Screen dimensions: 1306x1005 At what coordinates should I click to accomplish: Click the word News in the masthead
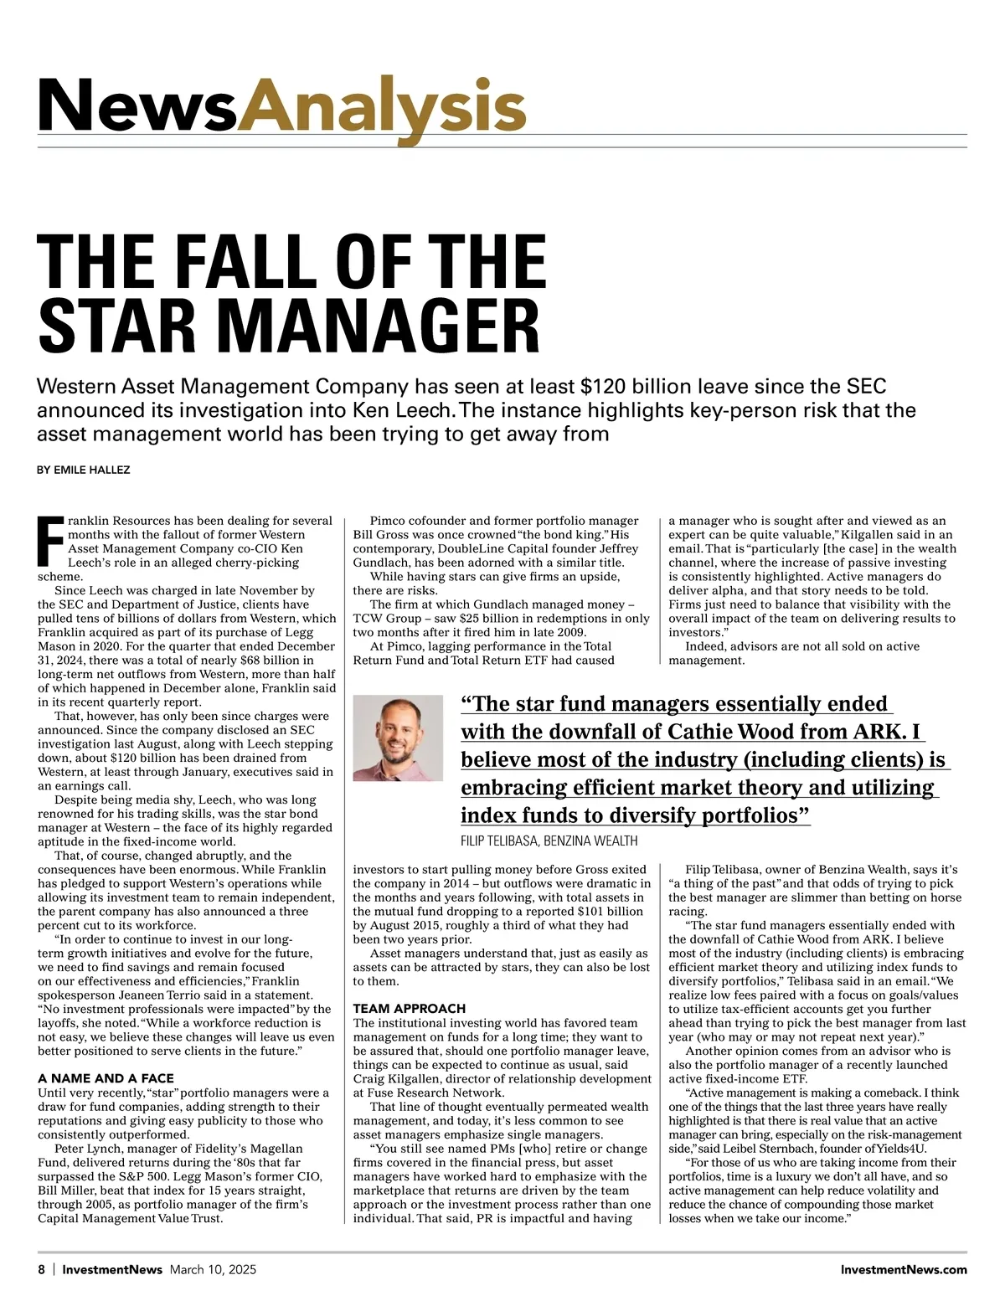(x=137, y=107)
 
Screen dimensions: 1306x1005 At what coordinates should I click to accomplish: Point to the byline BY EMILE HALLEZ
(x=84, y=470)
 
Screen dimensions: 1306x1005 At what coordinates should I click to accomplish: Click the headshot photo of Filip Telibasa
(x=398, y=738)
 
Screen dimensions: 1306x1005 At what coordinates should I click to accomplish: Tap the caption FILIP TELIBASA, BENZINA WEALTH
(x=549, y=841)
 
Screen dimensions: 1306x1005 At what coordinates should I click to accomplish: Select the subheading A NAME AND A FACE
(x=106, y=1078)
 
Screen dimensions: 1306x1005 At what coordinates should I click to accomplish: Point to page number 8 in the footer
(x=41, y=1269)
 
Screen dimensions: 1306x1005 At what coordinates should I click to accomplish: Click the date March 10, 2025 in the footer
(x=213, y=1269)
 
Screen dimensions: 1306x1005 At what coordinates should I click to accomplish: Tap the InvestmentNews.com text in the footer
(x=904, y=1269)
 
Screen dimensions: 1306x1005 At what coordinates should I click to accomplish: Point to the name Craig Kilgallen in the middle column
(x=394, y=1078)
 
